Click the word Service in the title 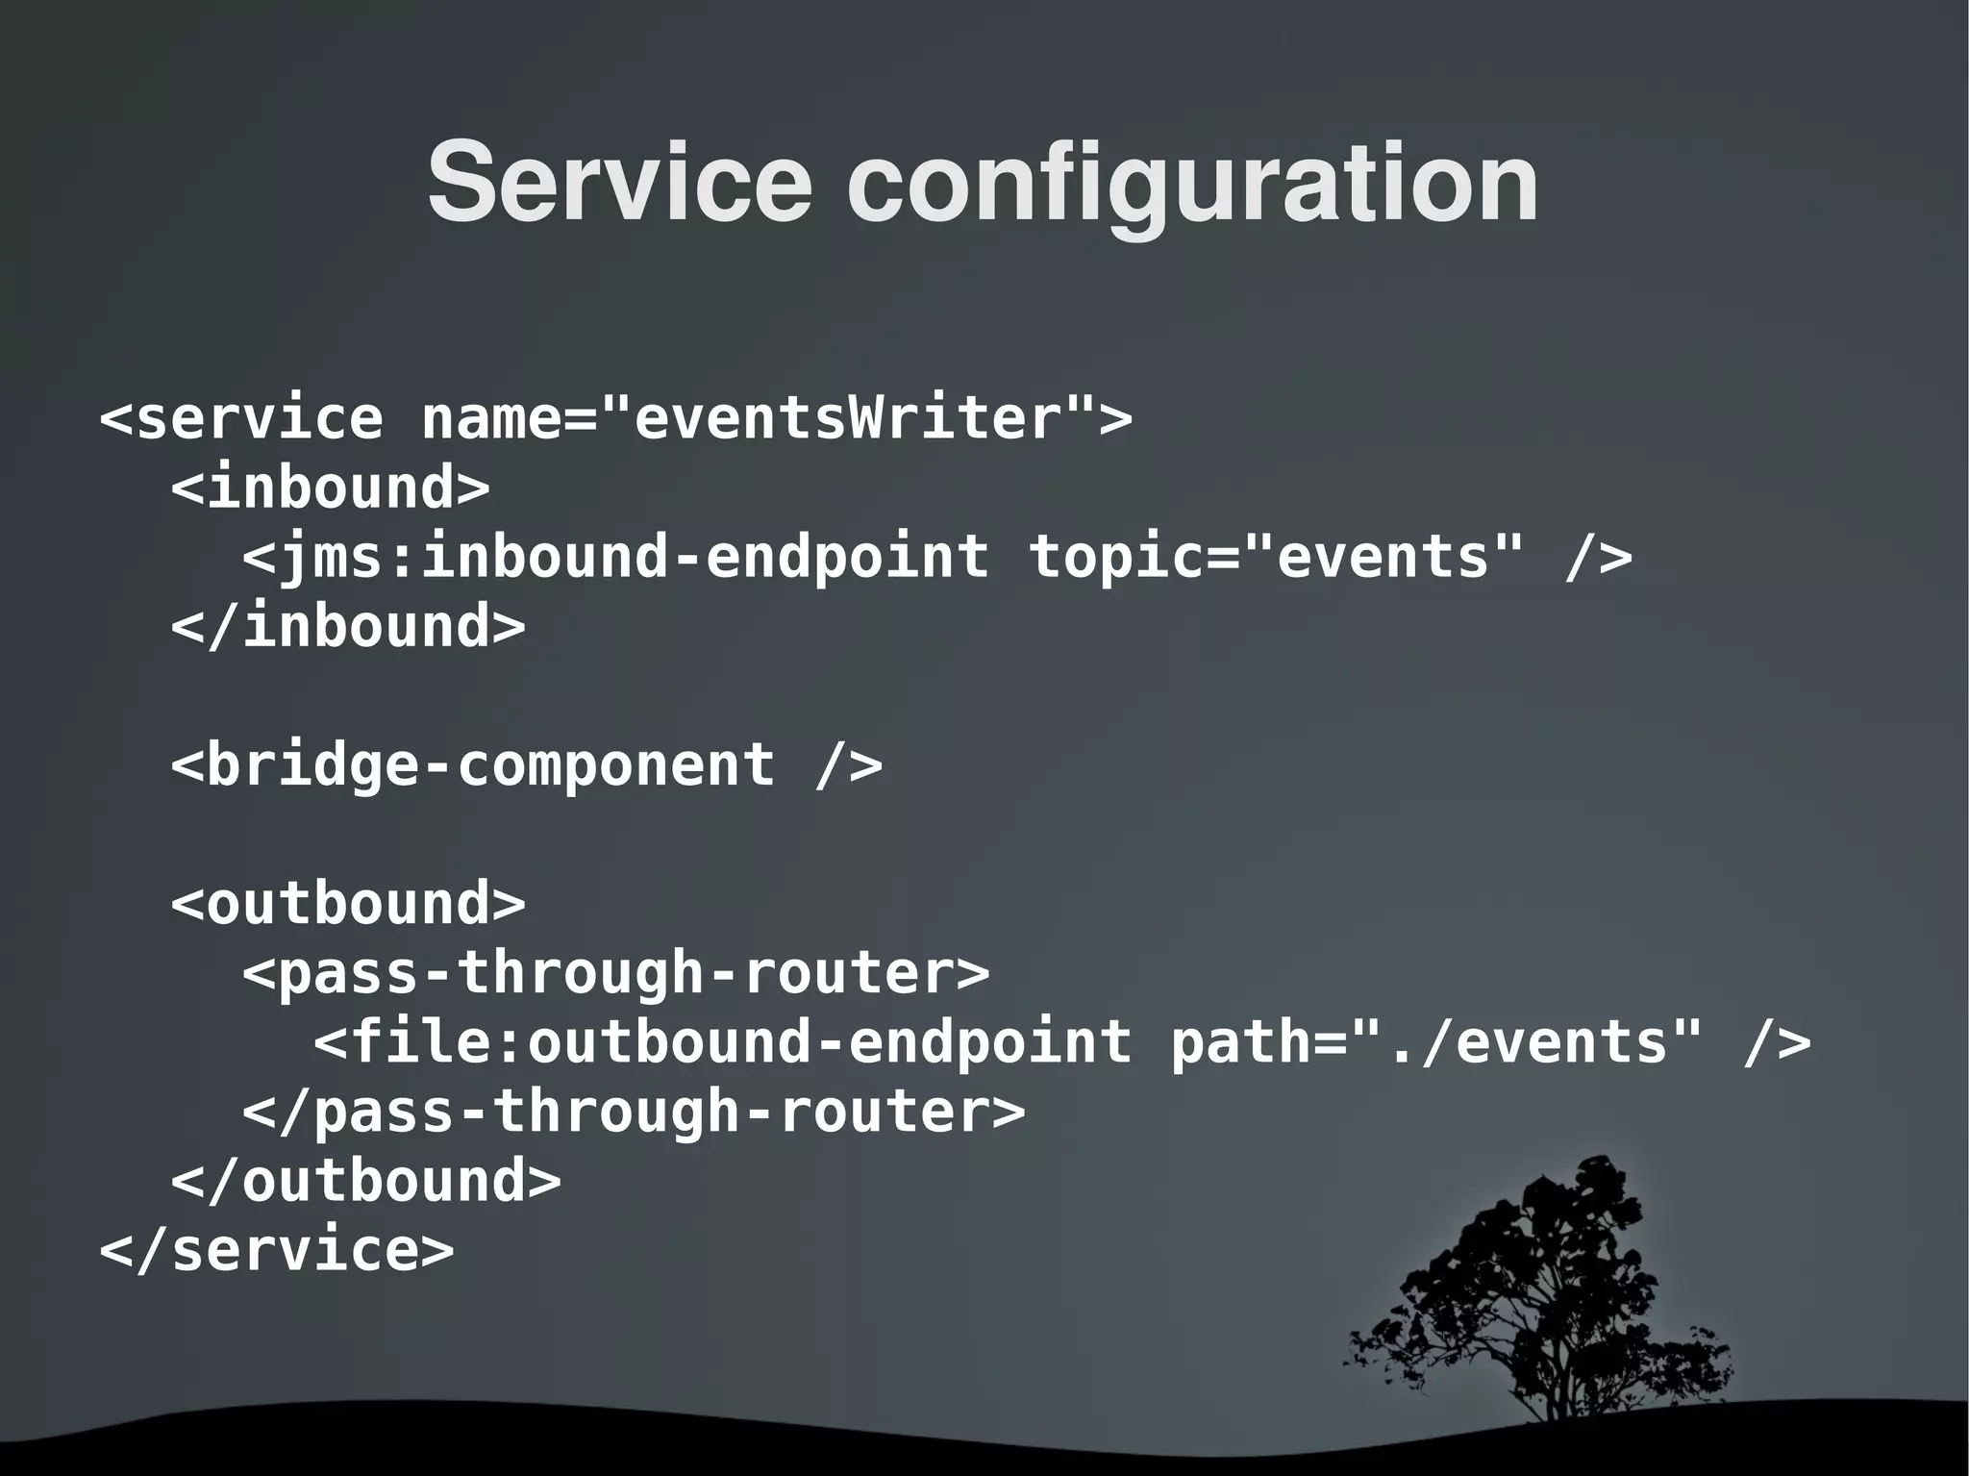(620, 183)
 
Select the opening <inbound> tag (330, 488)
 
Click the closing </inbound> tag (348, 627)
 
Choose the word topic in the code (1115, 558)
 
